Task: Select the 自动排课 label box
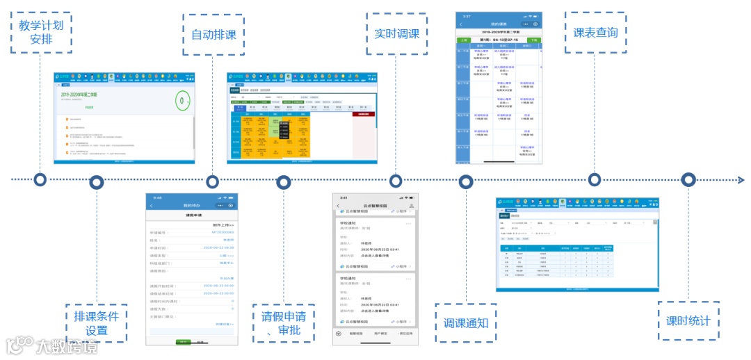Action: (213, 34)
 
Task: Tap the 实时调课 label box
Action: (396, 33)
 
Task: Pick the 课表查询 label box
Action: (595, 32)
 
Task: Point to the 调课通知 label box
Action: (466, 323)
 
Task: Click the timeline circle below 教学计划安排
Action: (40, 180)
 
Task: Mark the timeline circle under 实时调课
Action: (396, 181)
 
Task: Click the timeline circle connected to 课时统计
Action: (688, 179)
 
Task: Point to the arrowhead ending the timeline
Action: (741, 179)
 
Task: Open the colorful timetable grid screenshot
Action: (302, 117)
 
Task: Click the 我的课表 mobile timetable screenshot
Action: (498, 88)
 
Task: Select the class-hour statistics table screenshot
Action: (577, 244)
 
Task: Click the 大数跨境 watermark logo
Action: (51, 345)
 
